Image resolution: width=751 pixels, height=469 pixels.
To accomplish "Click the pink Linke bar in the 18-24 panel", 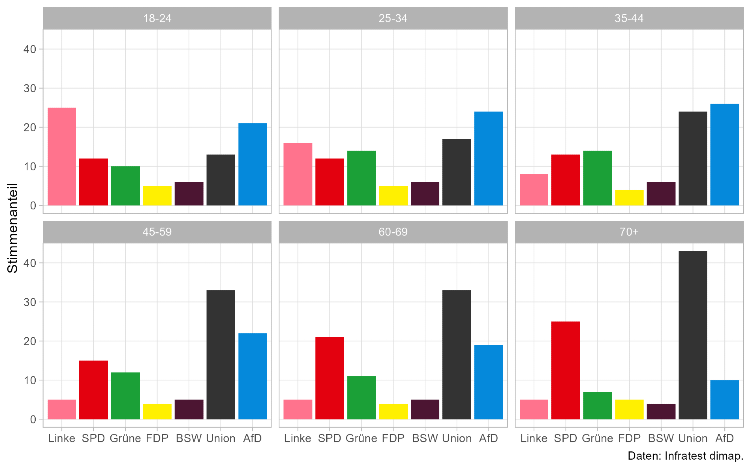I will click(x=62, y=156).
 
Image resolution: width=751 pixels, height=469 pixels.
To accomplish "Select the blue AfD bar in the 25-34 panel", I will click(x=489, y=158).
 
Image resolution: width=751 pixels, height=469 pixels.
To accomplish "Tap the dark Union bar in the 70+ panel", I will click(x=693, y=335).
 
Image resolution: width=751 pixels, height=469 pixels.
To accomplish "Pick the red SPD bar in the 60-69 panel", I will click(x=330, y=378).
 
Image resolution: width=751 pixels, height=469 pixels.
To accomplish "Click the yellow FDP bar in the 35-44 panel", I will click(x=629, y=198).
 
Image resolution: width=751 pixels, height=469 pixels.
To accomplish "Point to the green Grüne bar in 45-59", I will click(x=125, y=395).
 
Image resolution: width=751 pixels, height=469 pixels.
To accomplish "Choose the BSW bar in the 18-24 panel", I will click(x=189, y=194).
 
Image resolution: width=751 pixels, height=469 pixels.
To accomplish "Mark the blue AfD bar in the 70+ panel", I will click(x=725, y=400).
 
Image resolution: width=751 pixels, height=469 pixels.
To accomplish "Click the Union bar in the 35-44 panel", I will click(x=693, y=158).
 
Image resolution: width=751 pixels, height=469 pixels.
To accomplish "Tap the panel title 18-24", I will click(x=157, y=18).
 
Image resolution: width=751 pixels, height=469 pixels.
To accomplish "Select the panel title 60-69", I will click(x=393, y=232).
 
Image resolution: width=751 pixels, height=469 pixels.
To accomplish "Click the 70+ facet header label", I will click(x=629, y=232).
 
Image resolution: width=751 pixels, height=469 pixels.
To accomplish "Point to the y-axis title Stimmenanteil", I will click(x=13, y=228).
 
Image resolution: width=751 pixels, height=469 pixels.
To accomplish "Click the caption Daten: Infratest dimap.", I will click(x=685, y=456).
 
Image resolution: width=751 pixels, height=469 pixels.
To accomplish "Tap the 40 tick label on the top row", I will click(x=30, y=49).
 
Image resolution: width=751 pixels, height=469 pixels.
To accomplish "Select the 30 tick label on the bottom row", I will click(x=30, y=302).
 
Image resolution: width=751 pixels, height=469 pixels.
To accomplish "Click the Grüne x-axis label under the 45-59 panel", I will click(x=125, y=438).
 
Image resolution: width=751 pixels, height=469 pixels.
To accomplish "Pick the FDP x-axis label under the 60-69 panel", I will click(x=393, y=438).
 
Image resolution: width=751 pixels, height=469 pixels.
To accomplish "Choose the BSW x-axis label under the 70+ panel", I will click(x=661, y=438).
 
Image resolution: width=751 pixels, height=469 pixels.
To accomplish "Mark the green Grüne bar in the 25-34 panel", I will click(x=361, y=178).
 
